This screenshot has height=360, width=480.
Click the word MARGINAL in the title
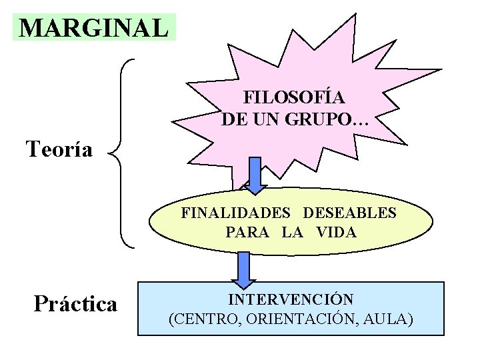(93, 27)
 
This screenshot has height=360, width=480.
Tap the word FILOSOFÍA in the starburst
(294, 97)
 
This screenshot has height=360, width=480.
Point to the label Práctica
(75, 304)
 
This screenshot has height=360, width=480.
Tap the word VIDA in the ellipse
(337, 233)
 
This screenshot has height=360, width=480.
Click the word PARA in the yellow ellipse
(247, 233)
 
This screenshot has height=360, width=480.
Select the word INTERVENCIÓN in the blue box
(291, 299)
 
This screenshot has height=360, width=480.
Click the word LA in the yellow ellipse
(291, 233)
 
